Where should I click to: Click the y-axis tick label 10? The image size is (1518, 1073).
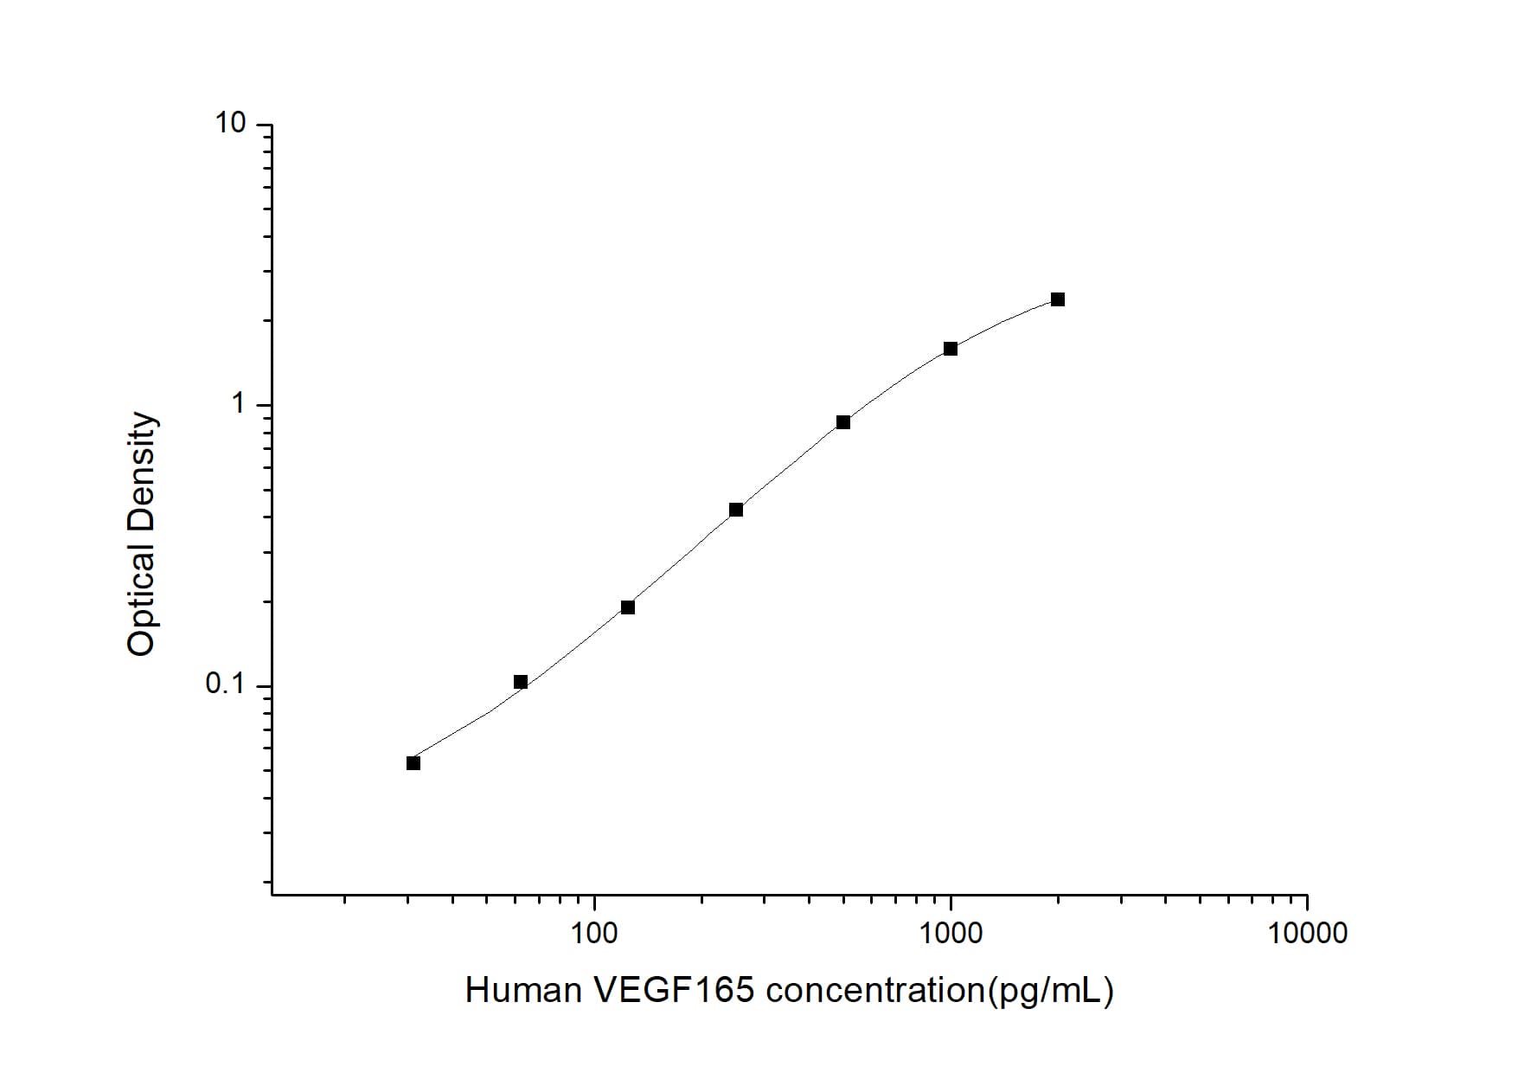point(230,124)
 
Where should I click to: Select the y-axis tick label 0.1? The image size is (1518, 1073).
point(225,684)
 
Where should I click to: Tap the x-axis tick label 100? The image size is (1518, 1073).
point(594,933)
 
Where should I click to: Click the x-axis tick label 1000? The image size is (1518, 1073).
point(951,933)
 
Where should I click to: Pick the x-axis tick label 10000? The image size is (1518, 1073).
point(1307,933)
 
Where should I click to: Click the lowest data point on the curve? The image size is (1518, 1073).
point(413,763)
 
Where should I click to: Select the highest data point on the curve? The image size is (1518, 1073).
point(1057,299)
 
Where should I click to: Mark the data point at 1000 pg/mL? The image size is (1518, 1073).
point(951,349)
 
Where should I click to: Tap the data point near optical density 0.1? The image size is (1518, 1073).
point(521,682)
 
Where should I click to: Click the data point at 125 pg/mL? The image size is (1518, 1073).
point(628,607)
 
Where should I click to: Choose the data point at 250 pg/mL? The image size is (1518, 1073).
point(736,510)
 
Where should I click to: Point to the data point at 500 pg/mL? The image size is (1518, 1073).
point(843,422)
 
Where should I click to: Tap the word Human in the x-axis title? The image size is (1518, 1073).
point(522,990)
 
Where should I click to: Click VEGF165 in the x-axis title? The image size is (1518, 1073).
point(674,990)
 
